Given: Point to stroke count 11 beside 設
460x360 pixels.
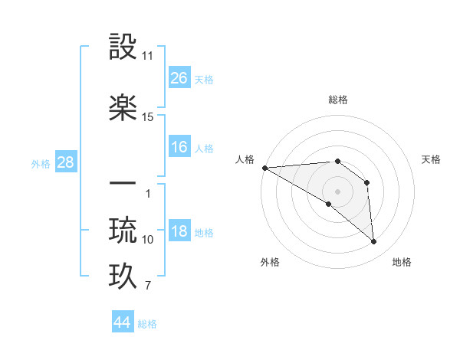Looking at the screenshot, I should click(148, 57).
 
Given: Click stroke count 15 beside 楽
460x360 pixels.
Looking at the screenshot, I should click(148, 117).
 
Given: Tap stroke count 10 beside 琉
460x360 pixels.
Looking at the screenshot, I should click(148, 240).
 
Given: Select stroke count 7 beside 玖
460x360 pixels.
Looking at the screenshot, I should click(148, 286).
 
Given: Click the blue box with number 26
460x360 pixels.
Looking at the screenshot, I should click(179, 78).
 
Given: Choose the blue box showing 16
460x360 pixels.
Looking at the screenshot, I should click(179, 147).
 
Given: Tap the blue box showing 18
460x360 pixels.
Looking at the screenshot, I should click(179, 232).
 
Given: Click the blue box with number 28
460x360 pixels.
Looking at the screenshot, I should click(65, 162).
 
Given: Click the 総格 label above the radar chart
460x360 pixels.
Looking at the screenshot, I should click(337, 100).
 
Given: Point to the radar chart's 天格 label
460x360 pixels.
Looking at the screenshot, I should click(432, 159).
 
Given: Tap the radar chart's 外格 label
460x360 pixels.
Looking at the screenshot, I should click(270, 262).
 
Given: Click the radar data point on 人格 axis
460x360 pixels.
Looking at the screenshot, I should click(264, 167).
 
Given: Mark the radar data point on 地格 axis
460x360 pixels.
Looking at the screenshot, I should click(374, 242).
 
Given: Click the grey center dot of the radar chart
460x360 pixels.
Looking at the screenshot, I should click(337, 190).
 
